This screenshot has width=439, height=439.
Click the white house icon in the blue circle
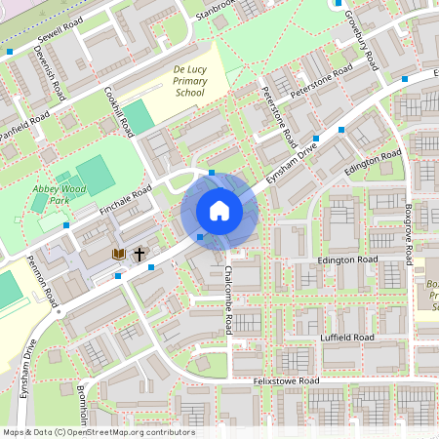[219, 211]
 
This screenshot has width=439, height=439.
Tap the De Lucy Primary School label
[189, 81]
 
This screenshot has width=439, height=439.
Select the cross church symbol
[140, 254]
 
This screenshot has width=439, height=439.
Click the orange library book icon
[119, 254]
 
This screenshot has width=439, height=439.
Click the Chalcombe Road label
[228, 299]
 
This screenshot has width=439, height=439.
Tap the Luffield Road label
[347, 337]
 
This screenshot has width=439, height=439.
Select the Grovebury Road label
[361, 39]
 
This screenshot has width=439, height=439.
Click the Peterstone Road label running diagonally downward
[280, 114]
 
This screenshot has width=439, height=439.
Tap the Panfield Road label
[25, 127]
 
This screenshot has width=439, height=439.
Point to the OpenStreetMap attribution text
[98, 432]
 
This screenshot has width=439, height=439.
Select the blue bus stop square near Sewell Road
[10, 51]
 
